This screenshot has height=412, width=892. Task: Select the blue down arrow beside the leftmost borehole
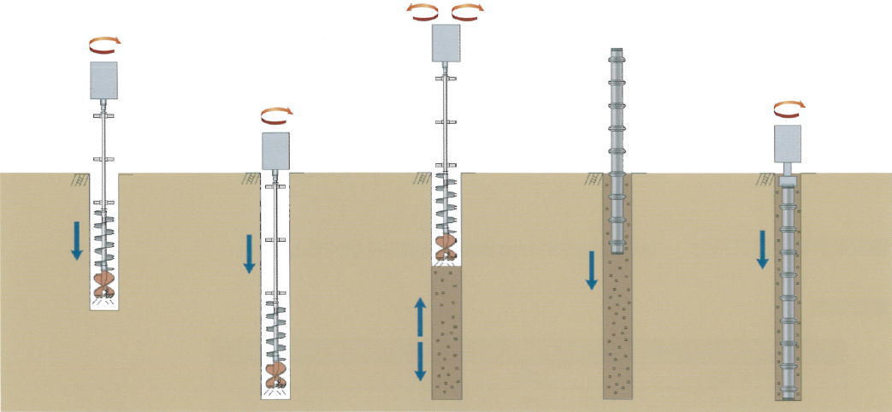coord(76,239)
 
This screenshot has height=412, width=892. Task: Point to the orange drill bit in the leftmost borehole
coord(103,284)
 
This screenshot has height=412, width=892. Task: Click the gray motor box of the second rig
coord(275,150)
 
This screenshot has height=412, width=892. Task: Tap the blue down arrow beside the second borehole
coord(249,254)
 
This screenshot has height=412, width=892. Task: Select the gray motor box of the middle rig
coord(446,43)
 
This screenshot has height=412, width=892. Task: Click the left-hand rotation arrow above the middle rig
coord(423,10)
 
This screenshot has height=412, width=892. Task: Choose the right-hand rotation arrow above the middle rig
coord(467,10)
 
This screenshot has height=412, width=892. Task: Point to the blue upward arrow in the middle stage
coord(420,316)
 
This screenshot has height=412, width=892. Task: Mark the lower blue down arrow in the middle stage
coord(420,360)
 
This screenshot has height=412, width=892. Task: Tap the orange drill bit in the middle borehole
coord(446,247)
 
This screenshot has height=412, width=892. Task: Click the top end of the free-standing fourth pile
coord(617,51)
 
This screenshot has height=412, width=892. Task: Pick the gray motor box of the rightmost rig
coord(787,143)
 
